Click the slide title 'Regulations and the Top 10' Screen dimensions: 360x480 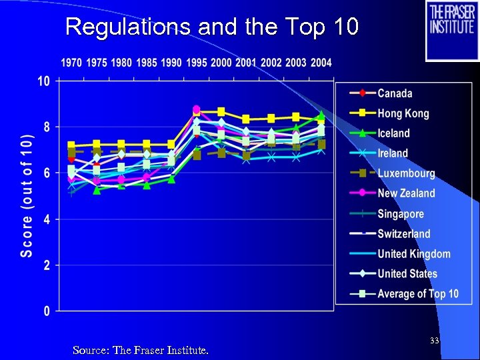212,27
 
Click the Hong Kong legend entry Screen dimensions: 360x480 403,113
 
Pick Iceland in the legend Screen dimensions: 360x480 393,133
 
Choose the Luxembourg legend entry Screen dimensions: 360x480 406,173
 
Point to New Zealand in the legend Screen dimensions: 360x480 406,193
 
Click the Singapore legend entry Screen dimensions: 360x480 400,214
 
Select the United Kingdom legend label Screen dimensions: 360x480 413,253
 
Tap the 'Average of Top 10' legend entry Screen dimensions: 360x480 417,293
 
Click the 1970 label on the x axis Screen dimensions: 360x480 71,63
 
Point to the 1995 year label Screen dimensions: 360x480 196,63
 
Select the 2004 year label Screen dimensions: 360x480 321,63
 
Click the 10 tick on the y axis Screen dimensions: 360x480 43,81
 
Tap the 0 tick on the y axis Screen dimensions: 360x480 46,311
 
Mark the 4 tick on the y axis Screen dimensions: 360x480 46,219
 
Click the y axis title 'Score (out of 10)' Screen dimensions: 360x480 26,195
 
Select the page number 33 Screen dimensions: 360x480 434,341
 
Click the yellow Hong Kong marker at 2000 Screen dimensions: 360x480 221,112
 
